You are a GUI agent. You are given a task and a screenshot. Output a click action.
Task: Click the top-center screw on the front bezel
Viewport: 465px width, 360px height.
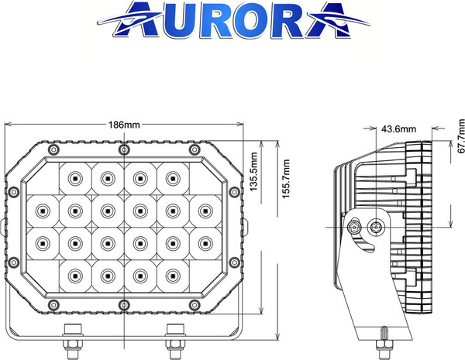click(x=124, y=149)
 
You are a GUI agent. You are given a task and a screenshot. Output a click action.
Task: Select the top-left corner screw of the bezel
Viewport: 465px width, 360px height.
click(x=52, y=149)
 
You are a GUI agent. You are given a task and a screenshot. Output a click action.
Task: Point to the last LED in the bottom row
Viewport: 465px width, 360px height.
click(x=172, y=273)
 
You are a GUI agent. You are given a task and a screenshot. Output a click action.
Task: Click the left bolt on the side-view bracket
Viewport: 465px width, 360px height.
click(x=356, y=228)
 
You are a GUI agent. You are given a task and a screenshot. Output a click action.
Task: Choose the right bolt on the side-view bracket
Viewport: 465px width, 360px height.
click(x=377, y=228)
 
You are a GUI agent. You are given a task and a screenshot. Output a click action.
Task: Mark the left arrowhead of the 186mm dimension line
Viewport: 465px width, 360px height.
click(x=8, y=125)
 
